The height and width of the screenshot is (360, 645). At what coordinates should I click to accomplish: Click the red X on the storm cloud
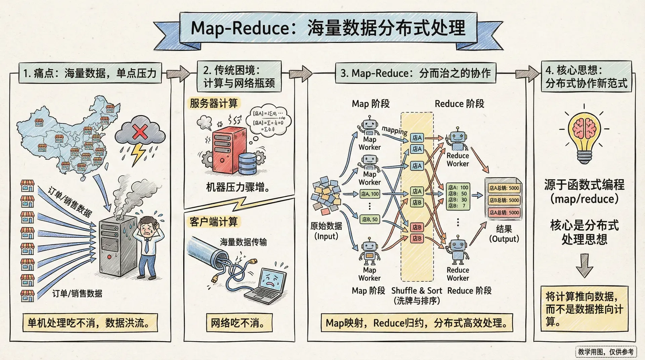tap(139, 132)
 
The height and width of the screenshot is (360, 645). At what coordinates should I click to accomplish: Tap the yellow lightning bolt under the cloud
tap(138, 154)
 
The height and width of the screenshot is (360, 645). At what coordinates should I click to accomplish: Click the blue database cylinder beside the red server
tap(248, 164)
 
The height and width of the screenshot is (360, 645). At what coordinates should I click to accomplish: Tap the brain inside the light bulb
tap(584, 129)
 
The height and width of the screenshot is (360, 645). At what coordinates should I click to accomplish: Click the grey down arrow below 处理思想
tap(584, 265)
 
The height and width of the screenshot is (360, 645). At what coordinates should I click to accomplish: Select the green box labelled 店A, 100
tap(370, 194)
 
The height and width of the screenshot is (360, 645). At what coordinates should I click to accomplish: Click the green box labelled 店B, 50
tap(370, 219)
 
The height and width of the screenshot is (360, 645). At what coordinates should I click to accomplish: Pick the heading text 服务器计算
tap(214, 103)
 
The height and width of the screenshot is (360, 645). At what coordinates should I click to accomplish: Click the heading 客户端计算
tap(214, 222)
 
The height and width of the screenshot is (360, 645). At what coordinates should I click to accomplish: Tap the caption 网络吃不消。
tap(238, 323)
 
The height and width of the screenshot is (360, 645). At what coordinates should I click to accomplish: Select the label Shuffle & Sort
tap(417, 290)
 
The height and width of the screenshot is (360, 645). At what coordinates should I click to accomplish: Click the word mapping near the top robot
tap(395, 130)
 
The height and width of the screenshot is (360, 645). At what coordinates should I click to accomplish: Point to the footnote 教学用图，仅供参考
tap(606, 352)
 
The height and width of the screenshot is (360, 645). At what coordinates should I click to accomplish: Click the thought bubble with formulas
tap(268, 121)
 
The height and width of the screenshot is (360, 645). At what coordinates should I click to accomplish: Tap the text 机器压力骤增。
tap(238, 187)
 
